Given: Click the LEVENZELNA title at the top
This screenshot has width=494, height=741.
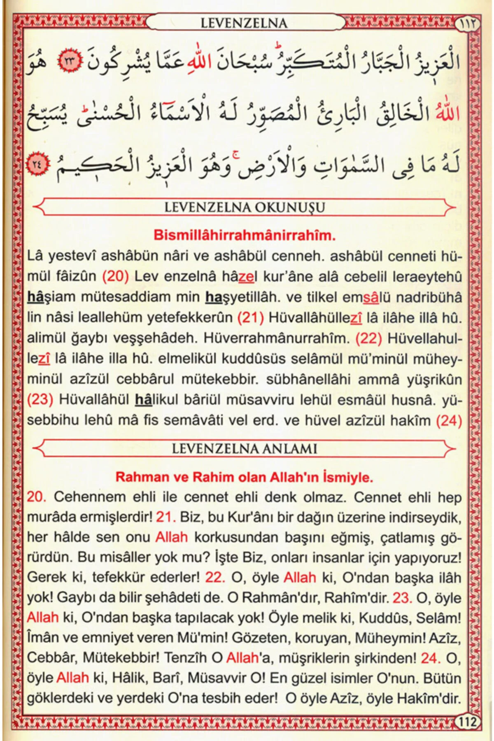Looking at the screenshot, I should pyautogui.click(x=244, y=23).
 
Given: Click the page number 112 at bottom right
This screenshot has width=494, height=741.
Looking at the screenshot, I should pyautogui.click(x=468, y=722).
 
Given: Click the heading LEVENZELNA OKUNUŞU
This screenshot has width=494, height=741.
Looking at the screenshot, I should pyautogui.click(x=245, y=207).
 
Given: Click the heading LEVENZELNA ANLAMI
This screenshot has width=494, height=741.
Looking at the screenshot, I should pyautogui.click(x=245, y=448).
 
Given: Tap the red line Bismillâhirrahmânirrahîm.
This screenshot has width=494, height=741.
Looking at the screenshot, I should pyautogui.click(x=245, y=235).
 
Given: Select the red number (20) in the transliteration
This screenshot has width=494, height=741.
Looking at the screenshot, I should pyautogui.click(x=115, y=276).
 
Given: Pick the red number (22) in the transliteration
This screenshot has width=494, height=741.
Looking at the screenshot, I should pyautogui.click(x=368, y=338).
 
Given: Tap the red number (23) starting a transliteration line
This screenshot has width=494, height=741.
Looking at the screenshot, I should pyautogui.click(x=40, y=400).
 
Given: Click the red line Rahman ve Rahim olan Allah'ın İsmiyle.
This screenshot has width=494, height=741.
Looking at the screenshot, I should pyautogui.click(x=245, y=477).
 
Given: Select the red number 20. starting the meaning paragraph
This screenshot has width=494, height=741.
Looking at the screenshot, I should pyautogui.click(x=36, y=497).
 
